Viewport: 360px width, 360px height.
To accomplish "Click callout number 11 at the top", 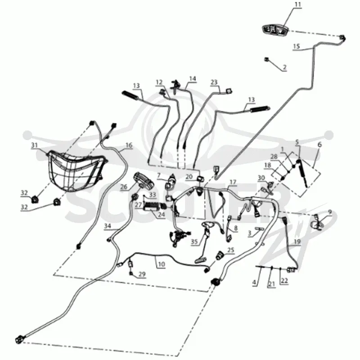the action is [298, 4].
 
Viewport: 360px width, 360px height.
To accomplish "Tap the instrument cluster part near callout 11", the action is [275, 30].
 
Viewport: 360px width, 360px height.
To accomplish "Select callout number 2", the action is [285, 67].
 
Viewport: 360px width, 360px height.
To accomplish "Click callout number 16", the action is [129, 145].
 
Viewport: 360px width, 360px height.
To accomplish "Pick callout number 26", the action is [124, 186].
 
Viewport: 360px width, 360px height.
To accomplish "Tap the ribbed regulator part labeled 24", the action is [152, 206].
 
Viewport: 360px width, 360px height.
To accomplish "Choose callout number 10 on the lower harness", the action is [162, 264].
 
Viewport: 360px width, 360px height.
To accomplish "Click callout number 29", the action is [142, 274].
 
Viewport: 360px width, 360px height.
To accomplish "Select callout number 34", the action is [108, 226].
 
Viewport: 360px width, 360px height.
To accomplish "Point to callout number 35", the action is [194, 242].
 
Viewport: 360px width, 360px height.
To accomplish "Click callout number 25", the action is [230, 250].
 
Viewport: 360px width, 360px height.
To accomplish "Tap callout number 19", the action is [297, 242].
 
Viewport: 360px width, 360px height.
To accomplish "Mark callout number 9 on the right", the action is [330, 212].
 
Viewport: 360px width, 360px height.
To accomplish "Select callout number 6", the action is [319, 144].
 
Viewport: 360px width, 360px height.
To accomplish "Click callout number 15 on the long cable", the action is [297, 46].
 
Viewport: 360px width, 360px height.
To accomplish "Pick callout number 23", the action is [214, 82].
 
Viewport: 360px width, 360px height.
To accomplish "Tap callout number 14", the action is [193, 79].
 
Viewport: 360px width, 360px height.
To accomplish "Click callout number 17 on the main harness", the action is [233, 182].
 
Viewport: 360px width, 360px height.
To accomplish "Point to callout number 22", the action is [284, 281].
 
